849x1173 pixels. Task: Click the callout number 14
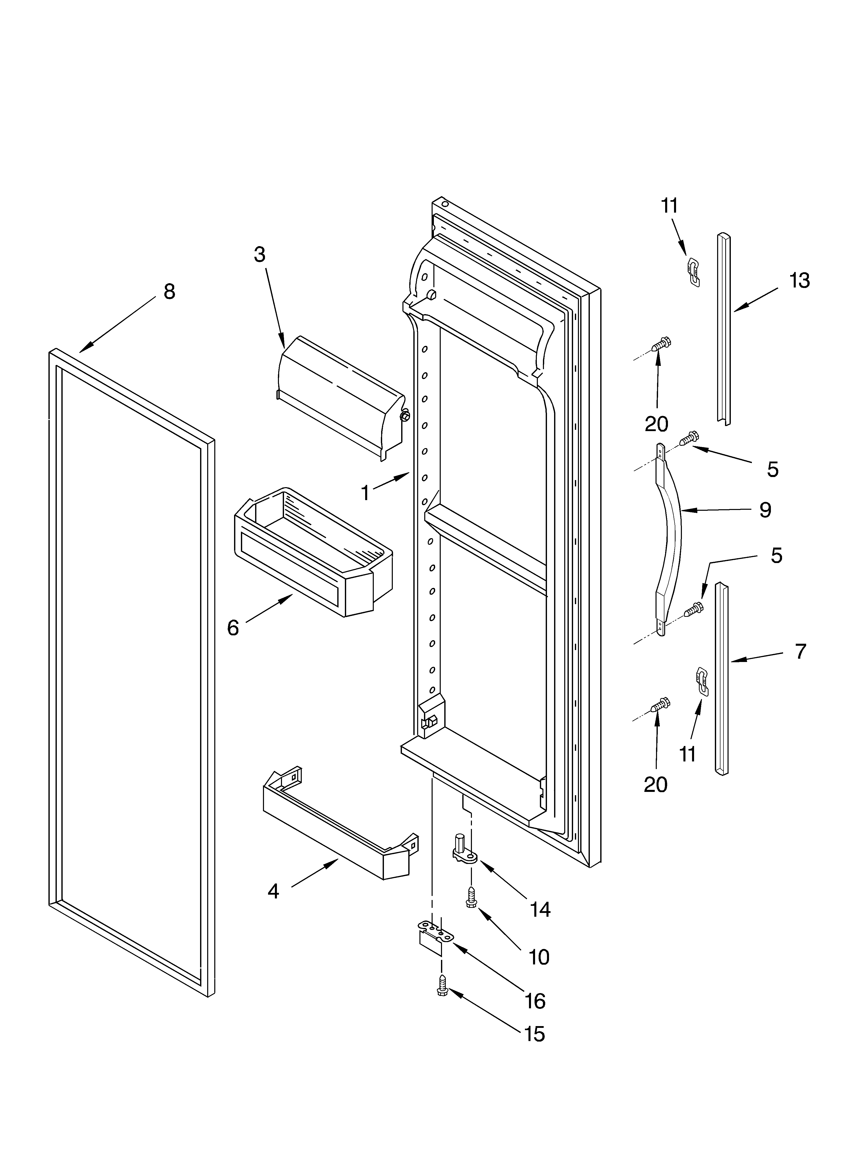pos(540,909)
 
